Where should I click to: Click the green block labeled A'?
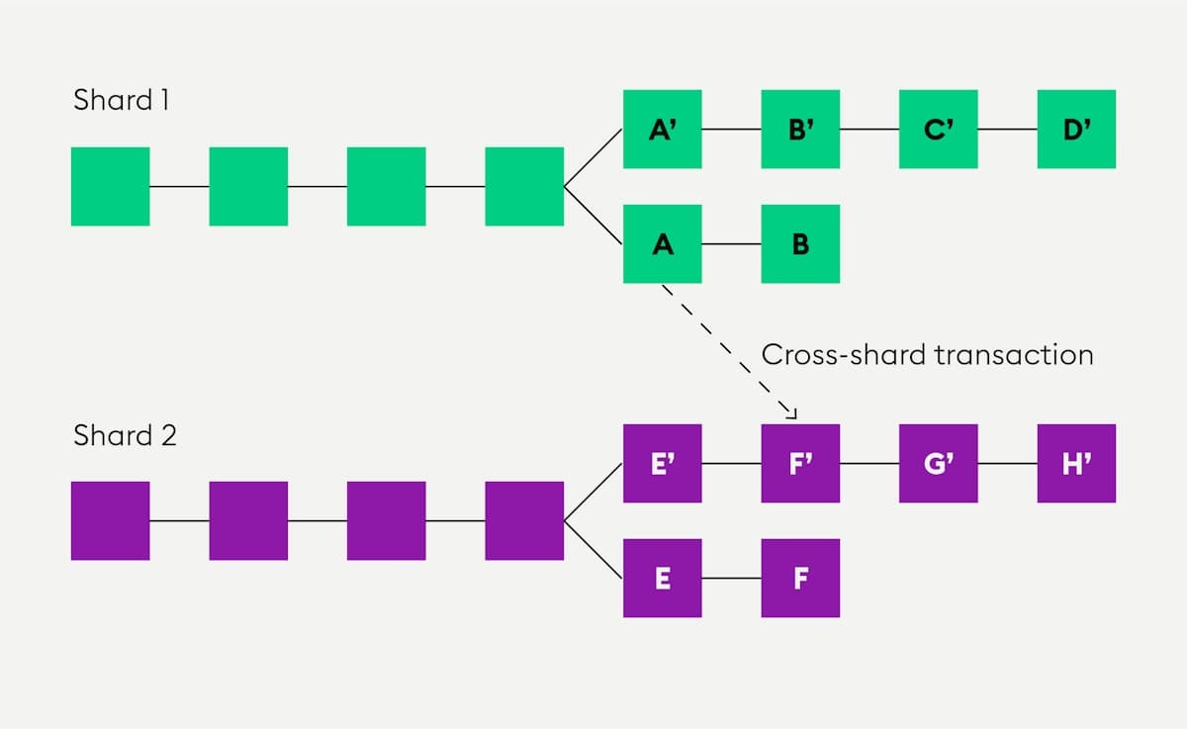coord(663,129)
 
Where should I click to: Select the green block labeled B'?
coord(800,129)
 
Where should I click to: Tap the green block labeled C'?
coord(939,129)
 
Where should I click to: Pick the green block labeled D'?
coord(1076,129)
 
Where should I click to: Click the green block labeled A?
coord(663,244)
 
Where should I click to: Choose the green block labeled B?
coord(800,244)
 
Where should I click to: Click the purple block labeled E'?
coord(663,463)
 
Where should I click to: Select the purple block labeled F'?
coord(800,463)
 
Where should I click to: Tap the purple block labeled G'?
coord(939,463)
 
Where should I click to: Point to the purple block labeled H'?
coord(1076,463)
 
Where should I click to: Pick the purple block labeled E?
coord(663,579)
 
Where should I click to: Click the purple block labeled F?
coord(800,579)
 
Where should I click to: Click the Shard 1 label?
coord(121,100)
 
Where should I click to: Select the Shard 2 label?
coord(125,435)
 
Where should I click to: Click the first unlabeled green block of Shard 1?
coord(111,186)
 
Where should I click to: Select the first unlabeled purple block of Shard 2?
coord(111,520)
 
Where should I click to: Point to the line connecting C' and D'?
coord(1007,129)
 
